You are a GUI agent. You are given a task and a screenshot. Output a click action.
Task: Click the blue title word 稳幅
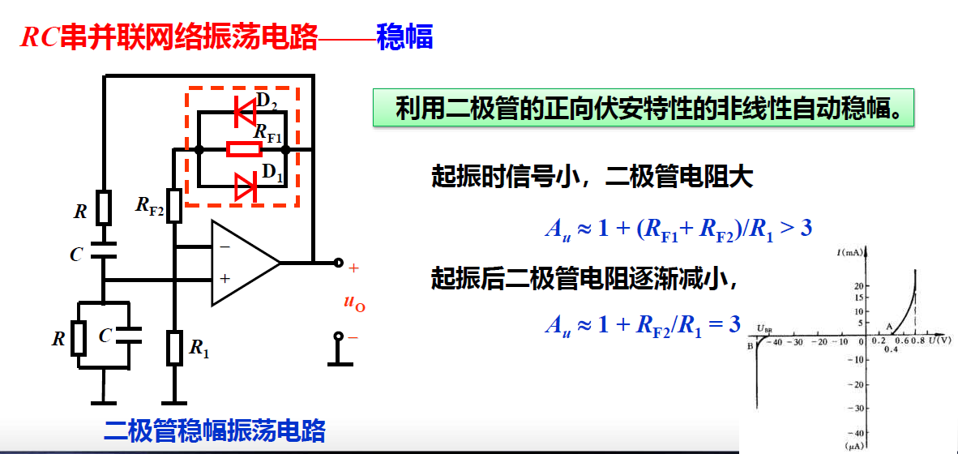click(x=404, y=37)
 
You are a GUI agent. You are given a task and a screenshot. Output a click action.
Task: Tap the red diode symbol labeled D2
click(x=245, y=112)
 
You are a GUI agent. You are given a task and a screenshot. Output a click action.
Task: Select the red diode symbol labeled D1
click(x=245, y=186)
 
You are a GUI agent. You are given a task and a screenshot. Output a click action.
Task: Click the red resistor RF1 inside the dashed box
click(x=244, y=149)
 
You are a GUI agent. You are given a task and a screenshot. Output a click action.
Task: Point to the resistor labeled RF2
click(x=173, y=206)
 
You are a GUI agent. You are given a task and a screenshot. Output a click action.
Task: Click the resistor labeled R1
click(x=174, y=348)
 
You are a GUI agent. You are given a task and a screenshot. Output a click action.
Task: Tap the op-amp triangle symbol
click(x=243, y=263)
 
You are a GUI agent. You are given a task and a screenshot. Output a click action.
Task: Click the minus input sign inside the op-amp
click(x=225, y=246)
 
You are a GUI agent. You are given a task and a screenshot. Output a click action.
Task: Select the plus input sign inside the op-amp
click(x=225, y=278)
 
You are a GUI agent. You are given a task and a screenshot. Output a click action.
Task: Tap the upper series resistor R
click(x=104, y=208)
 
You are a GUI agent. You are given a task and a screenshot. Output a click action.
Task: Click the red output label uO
click(x=354, y=303)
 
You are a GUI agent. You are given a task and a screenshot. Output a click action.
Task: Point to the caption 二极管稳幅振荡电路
click(x=215, y=430)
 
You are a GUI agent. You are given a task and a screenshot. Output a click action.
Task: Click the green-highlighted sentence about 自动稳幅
click(x=644, y=108)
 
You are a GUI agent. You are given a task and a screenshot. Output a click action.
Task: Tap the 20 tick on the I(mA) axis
click(x=859, y=286)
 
